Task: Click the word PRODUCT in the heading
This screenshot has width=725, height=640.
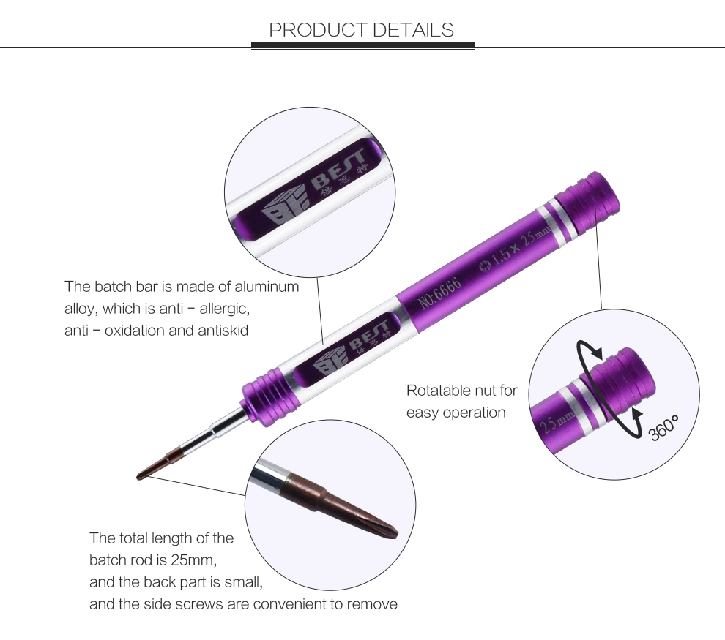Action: click(x=318, y=30)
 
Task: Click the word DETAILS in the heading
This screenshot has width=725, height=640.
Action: click(x=413, y=30)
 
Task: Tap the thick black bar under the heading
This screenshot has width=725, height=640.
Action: click(x=362, y=45)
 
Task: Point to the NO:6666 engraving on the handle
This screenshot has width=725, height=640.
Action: click(x=440, y=293)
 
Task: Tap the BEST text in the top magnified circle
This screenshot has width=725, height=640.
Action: click(x=340, y=169)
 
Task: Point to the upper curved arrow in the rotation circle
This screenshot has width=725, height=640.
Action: click(x=588, y=350)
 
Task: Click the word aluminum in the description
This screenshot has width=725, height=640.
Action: click(x=267, y=287)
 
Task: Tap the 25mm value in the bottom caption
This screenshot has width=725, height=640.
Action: click(x=194, y=560)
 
